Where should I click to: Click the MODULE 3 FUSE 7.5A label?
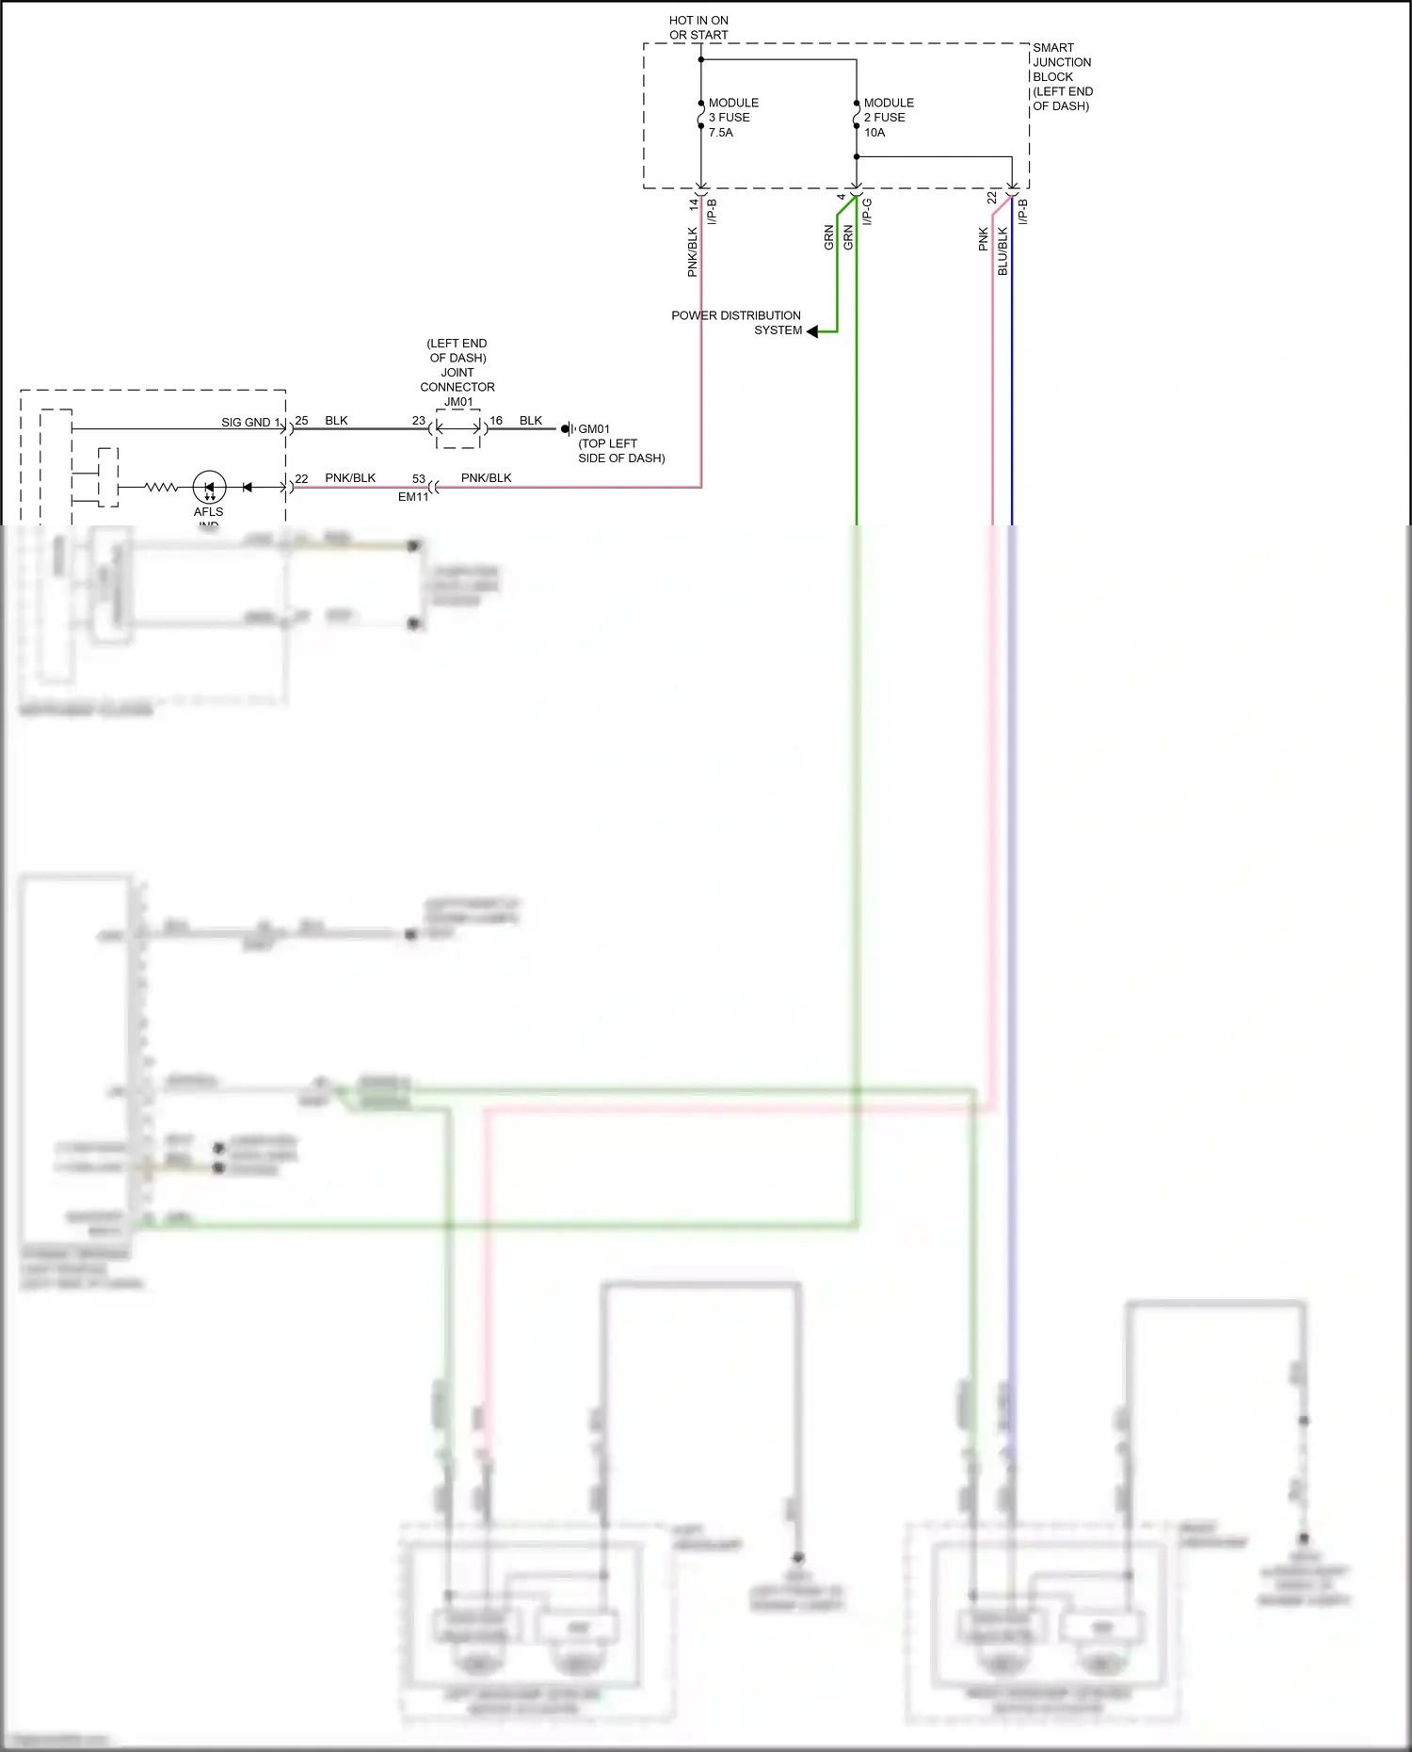(732, 118)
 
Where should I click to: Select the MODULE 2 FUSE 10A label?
(888, 118)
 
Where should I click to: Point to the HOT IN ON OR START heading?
(698, 27)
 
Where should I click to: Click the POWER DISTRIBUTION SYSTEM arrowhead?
(812, 331)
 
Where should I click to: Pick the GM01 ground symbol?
(568, 429)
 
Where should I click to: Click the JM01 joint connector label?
(458, 402)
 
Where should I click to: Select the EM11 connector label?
(412, 497)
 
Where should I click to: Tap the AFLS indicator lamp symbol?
(209, 488)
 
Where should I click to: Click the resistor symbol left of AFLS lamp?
(161, 488)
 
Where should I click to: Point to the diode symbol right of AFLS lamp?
(248, 488)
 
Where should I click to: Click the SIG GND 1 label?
(250, 423)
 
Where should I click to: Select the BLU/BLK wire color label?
(1003, 251)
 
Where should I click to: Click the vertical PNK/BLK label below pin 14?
(693, 252)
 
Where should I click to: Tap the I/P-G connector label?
(867, 212)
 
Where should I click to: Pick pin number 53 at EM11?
(419, 479)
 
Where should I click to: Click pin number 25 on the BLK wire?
(302, 421)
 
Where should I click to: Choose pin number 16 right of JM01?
(496, 421)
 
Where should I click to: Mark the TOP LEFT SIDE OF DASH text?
(621, 451)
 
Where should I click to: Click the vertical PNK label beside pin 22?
(984, 239)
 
